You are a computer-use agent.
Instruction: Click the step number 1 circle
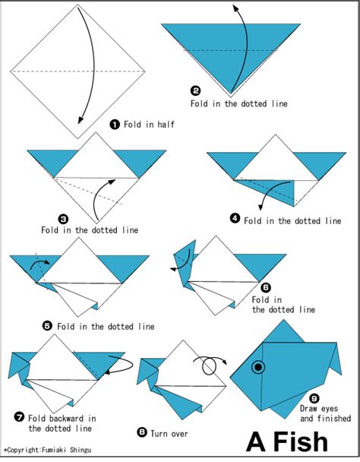point(114,124)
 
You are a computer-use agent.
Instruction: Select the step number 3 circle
point(63,217)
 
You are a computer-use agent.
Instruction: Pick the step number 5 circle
point(47,325)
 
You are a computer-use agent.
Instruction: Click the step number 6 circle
point(265,287)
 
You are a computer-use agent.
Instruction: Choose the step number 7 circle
point(18,417)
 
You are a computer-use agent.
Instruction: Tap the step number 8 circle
point(141,432)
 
